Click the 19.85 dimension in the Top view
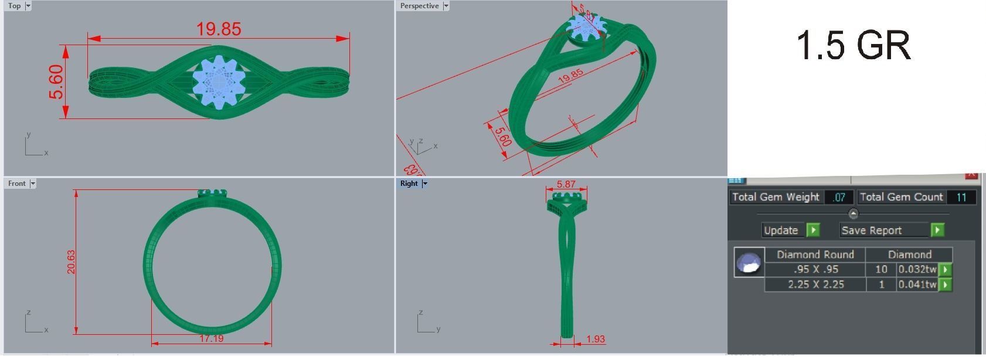point(219,29)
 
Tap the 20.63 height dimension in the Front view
point(71,261)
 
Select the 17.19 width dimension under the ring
point(211,338)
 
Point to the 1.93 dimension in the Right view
point(595,339)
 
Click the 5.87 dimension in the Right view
point(566,184)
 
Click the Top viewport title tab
point(15,6)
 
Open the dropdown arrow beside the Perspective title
point(446,6)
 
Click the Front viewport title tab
point(17,184)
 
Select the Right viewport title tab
point(409,184)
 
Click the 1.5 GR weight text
point(853,46)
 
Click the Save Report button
point(885,230)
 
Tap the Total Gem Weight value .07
point(839,198)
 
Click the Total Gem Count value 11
point(961,198)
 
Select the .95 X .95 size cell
point(815,270)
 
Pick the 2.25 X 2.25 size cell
point(815,284)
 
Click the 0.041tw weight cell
point(917,284)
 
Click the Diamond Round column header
point(815,254)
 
